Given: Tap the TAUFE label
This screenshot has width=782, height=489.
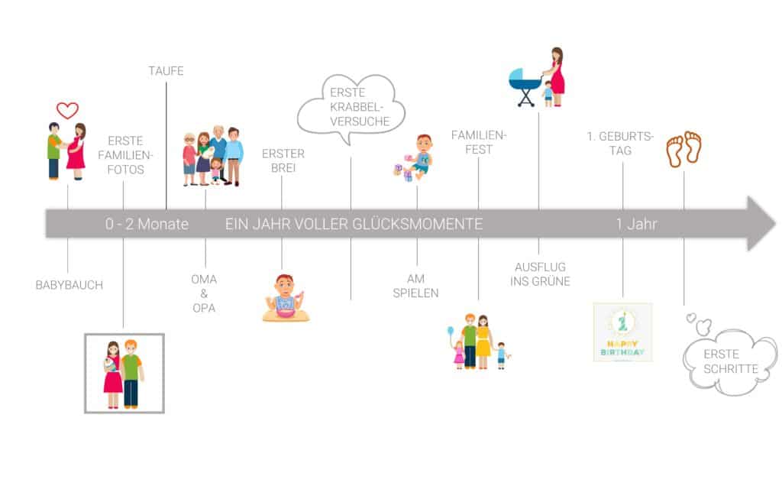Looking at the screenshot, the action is click(x=166, y=71).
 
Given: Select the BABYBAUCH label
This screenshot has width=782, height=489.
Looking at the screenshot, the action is click(x=69, y=285).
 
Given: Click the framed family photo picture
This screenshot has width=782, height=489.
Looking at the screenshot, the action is click(x=124, y=373).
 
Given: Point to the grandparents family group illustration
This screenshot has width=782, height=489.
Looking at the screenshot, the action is click(x=213, y=156).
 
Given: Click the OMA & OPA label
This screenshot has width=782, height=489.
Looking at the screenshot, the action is click(x=204, y=293).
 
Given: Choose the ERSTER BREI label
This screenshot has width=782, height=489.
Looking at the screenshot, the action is click(x=283, y=160).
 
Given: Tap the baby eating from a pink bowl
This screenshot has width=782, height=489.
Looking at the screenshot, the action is click(x=286, y=298).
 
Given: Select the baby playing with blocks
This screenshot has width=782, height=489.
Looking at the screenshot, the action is click(x=413, y=157).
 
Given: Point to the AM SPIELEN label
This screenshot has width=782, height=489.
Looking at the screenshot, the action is click(x=415, y=286).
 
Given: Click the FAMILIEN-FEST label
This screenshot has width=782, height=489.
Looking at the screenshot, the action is click(x=479, y=142).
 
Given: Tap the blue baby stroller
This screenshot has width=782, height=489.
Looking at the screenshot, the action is click(x=525, y=87).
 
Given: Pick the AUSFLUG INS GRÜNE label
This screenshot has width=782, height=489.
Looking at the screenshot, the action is click(x=540, y=274).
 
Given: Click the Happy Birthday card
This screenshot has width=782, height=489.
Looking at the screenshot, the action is click(x=623, y=332).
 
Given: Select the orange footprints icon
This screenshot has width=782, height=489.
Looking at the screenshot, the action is click(x=684, y=149).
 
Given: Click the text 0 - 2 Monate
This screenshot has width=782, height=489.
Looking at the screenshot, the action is click(x=147, y=224).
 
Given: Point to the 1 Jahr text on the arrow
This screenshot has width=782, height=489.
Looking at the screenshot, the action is click(x=637, y=224).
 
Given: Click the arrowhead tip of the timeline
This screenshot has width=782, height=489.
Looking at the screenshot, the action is click(x=774, y=223).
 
